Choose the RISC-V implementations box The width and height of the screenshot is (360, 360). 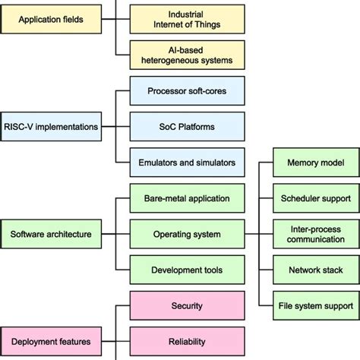pyautogui.click(x=51, y=126)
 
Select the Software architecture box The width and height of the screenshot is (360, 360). pyautogui.click(x=51, y=234)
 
